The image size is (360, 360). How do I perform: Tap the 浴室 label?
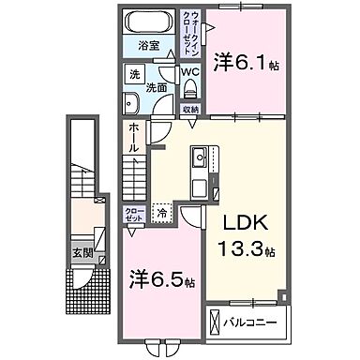coord(149,45)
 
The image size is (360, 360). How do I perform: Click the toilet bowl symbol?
coord(190,88)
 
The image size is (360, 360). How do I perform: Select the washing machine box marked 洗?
coord(135,75)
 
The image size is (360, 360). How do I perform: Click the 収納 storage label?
coord(189,109)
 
